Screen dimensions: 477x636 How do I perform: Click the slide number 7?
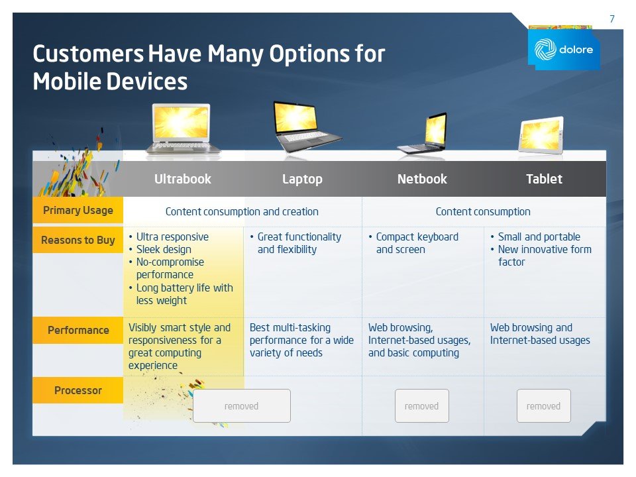(611, 19)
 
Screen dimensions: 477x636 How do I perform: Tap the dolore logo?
(564, 49)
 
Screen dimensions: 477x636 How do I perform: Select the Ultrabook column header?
(183, 179)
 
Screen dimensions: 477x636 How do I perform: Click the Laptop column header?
(302, 179)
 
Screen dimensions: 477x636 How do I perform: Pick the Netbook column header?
(422, 179)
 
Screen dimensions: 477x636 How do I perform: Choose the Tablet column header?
(544, 179)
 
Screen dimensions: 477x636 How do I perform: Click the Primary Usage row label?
(78, 211)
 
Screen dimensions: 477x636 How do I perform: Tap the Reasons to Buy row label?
(78, 240)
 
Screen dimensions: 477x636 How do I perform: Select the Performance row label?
(78, 330)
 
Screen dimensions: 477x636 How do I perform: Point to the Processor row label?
(78, 390)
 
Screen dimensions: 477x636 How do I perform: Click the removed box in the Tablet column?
(543, 406)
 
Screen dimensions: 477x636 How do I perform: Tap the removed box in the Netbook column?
(421, 406)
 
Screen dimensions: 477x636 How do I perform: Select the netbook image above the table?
(425, 134)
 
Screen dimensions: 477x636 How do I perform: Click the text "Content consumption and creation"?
(242, 212)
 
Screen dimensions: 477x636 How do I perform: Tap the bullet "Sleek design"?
(164, 250)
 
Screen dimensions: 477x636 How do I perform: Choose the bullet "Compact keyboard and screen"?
(417, 243)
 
